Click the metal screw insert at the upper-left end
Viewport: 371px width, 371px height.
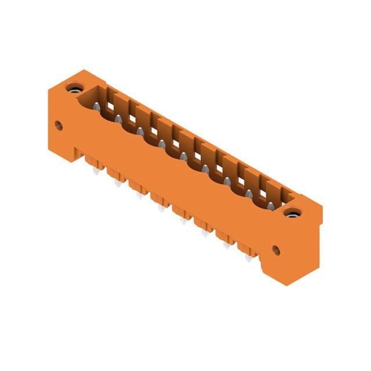tap(74, 89)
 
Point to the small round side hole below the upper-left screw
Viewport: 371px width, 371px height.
tap(59, 125)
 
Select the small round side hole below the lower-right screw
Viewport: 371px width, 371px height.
tap(276, 250)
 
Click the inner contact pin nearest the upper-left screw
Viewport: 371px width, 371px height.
tap(96, 106)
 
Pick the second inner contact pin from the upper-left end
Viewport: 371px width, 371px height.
tap(118, 119)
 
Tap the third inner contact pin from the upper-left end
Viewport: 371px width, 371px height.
tap(140, 132)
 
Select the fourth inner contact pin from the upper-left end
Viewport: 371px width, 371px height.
tap(162, 144)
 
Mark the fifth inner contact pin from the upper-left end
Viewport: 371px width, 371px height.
tap(184, 157)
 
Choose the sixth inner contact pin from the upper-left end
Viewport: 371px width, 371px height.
tap(206, 169)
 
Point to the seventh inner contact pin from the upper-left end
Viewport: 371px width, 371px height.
tap(227, 182)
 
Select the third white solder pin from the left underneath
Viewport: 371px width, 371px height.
tap(139, 196)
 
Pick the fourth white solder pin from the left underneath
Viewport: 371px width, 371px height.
tap(161, 208)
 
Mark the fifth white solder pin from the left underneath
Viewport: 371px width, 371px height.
tap(183, 221)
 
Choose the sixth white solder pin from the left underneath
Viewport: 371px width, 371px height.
tap(205, 234)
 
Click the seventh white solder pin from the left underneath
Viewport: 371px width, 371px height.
tap(227, 246)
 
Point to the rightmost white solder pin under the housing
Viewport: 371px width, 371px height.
tap(248, 259)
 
